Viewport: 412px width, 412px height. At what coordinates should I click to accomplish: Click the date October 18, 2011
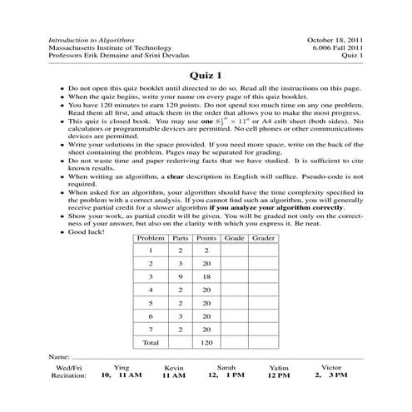tap(336, 39)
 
